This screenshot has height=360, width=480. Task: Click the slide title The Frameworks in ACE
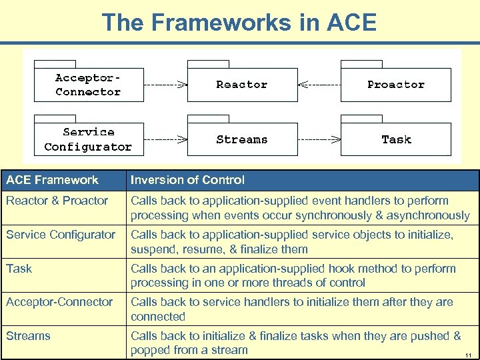point(239,22)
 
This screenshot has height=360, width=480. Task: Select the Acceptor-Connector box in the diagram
point(89,85)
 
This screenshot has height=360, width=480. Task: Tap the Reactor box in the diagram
point(241,85)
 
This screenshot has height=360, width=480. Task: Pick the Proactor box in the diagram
point(395,85)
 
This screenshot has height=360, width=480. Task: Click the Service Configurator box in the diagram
point(89,139)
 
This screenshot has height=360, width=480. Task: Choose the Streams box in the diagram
point(241,139)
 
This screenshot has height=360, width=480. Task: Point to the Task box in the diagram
point(396,139)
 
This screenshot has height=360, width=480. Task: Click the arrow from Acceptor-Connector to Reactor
point(165,85)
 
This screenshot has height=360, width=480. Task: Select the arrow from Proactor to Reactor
point(319,85)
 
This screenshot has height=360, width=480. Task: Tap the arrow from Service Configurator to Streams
point(165,139)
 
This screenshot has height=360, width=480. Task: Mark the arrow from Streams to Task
point(319,139)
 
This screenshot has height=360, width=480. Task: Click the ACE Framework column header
point(52,180)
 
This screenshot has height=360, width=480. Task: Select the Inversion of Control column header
point(187,180)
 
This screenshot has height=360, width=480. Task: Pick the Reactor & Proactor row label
point(57,201)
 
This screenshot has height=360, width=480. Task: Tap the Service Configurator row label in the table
point(61,235)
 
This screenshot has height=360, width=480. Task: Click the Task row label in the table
point(19,269)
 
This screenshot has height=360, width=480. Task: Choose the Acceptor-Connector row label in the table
point(59,302)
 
